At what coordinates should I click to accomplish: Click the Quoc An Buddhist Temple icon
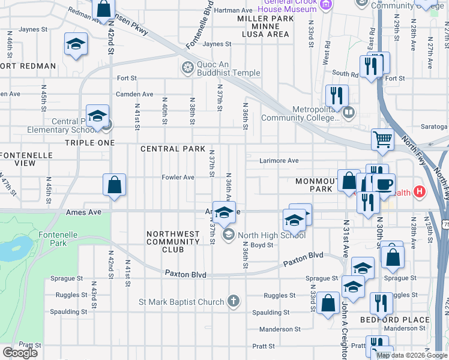point(188,66)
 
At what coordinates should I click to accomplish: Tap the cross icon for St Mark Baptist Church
point(234,301)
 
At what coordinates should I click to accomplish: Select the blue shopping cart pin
point(382,139)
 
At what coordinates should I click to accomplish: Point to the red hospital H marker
point(420,192)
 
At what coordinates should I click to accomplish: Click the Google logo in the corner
point(20,352)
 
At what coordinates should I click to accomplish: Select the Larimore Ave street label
point(279,161)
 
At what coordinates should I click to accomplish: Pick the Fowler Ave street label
point(178,178)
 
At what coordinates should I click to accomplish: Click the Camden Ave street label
point(139,94)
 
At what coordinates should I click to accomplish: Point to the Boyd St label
point(262,245)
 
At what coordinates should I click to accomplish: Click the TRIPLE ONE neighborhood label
point(89,143)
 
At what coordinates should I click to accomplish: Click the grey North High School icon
point(228,235)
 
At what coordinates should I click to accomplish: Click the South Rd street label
point(345,74)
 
